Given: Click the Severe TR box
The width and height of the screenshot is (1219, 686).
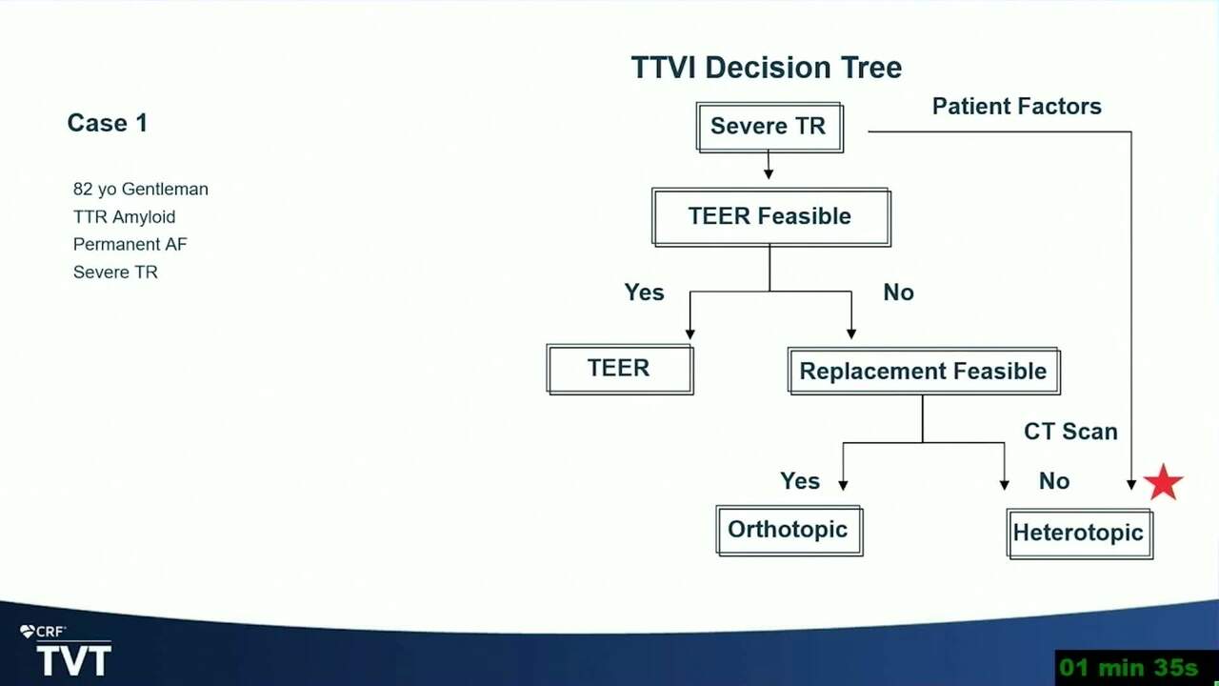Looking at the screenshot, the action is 769,128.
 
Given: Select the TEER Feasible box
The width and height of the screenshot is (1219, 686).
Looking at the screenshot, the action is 771,217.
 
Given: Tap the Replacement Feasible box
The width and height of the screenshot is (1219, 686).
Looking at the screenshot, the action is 924,372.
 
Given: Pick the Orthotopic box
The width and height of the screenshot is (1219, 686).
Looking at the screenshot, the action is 789,531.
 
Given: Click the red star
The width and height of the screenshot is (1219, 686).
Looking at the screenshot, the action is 1163,482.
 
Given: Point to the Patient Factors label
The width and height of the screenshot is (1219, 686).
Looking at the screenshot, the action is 1016,106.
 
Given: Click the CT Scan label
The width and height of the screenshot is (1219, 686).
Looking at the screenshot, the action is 1070,432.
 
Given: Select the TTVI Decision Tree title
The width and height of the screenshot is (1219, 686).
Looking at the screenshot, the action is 767,68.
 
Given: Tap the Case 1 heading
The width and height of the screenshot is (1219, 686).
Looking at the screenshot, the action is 108,123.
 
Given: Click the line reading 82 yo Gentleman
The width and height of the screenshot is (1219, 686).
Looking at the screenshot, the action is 140,189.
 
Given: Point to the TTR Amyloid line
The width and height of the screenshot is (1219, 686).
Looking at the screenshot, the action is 124,217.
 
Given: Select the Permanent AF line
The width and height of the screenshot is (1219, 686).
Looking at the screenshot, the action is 130,244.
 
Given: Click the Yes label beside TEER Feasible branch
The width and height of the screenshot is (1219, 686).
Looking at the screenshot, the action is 644,293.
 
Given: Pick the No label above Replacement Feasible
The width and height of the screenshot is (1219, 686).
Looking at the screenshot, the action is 898,293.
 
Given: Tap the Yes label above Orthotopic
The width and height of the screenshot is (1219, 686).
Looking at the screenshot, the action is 800,481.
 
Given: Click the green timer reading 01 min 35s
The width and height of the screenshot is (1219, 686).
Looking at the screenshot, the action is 1129,668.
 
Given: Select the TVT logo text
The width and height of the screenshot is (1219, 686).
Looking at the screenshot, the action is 74,660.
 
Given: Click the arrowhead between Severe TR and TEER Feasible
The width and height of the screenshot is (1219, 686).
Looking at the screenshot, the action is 769,173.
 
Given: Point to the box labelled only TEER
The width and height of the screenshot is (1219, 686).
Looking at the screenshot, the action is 620,369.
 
